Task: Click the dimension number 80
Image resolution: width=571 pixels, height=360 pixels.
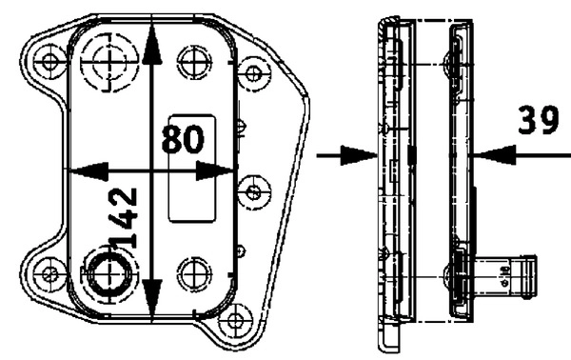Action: [183, 140]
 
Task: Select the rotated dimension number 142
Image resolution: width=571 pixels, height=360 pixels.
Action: [126, 217]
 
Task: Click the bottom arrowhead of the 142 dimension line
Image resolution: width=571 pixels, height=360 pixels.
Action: [153, 303]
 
